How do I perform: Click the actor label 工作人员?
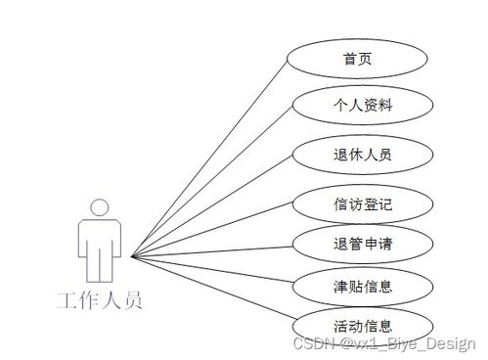(x=99, y=299)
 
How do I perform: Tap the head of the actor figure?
(x=99, y=207)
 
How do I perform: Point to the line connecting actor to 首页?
(x=210, y=157)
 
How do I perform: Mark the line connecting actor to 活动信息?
(x=210, y=289)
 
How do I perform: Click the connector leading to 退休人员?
(x=210, y=206)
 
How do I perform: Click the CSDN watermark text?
(x=315, y=343)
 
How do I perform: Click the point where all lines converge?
(x=131, y=256)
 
